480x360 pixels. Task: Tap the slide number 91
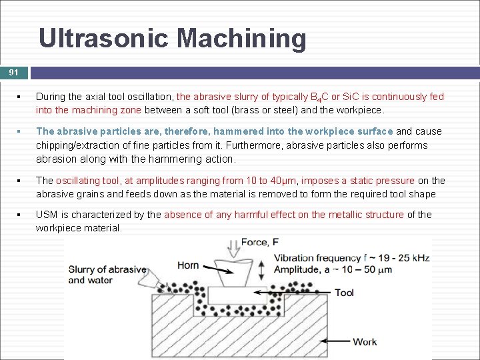click(x=14, y=72)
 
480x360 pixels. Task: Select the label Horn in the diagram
click(x=188, y=265)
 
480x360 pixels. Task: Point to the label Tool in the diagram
click(x=344, y=293)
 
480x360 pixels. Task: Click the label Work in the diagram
click(x=365, y=341)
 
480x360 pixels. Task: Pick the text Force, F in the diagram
click(x=260, y=242)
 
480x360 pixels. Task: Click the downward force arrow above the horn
click(x=233, y=248)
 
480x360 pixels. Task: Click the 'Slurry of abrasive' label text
click(x=107, y=269)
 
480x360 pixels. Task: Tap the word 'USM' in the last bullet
click(x=47, y=215)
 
